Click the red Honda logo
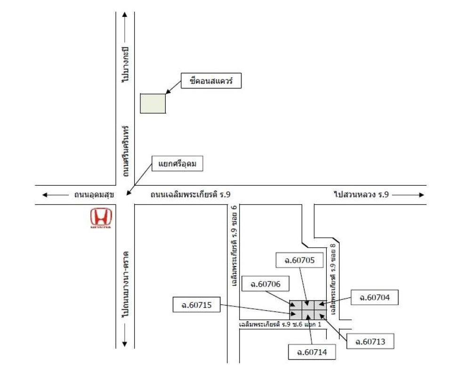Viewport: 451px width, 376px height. [x=101, y=219]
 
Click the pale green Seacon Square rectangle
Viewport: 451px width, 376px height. [x=153, y=103]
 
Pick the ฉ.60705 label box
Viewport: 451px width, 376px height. [x=299, y=260]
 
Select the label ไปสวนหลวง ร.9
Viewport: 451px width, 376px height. [x=362, y=194]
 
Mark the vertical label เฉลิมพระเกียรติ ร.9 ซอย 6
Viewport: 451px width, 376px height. [x=233, y=244]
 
